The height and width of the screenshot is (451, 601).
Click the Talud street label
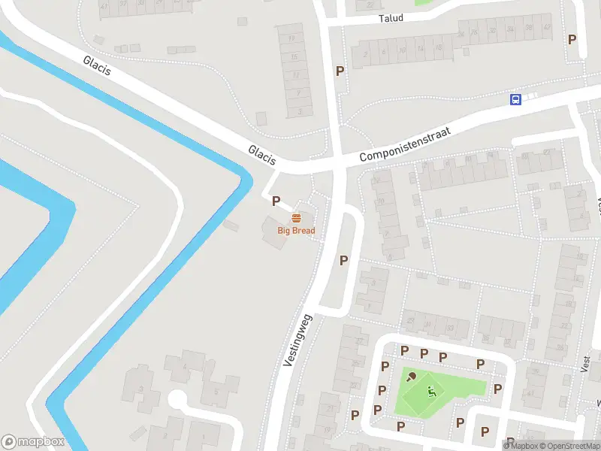click(x=391, y=18)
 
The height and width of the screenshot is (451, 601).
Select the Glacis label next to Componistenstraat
click(x=262, y=156)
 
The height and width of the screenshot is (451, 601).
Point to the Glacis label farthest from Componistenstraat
click(x=98, y=65)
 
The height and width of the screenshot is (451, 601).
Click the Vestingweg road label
click(x=298, y=341)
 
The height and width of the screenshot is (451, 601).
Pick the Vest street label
click(x=585, y=363)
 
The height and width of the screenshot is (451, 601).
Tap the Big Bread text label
click(x=296, y=231)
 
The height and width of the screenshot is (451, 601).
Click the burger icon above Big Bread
click(x=296, y=218)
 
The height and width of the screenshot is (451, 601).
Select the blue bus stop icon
click(x=515, y=99)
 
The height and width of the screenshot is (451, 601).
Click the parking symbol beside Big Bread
click(x=276, y=201)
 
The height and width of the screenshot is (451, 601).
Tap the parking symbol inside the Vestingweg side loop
click(x=344, y=261)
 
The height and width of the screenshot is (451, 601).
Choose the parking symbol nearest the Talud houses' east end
click(x=572, y=40)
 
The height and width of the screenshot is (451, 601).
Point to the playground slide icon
click(x=430, y=391)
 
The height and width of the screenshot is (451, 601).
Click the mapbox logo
click(x=33, y=442)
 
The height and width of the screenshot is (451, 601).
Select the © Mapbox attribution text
click(x=521, y=446)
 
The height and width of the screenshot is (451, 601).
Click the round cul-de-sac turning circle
click(x=179, y=400)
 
